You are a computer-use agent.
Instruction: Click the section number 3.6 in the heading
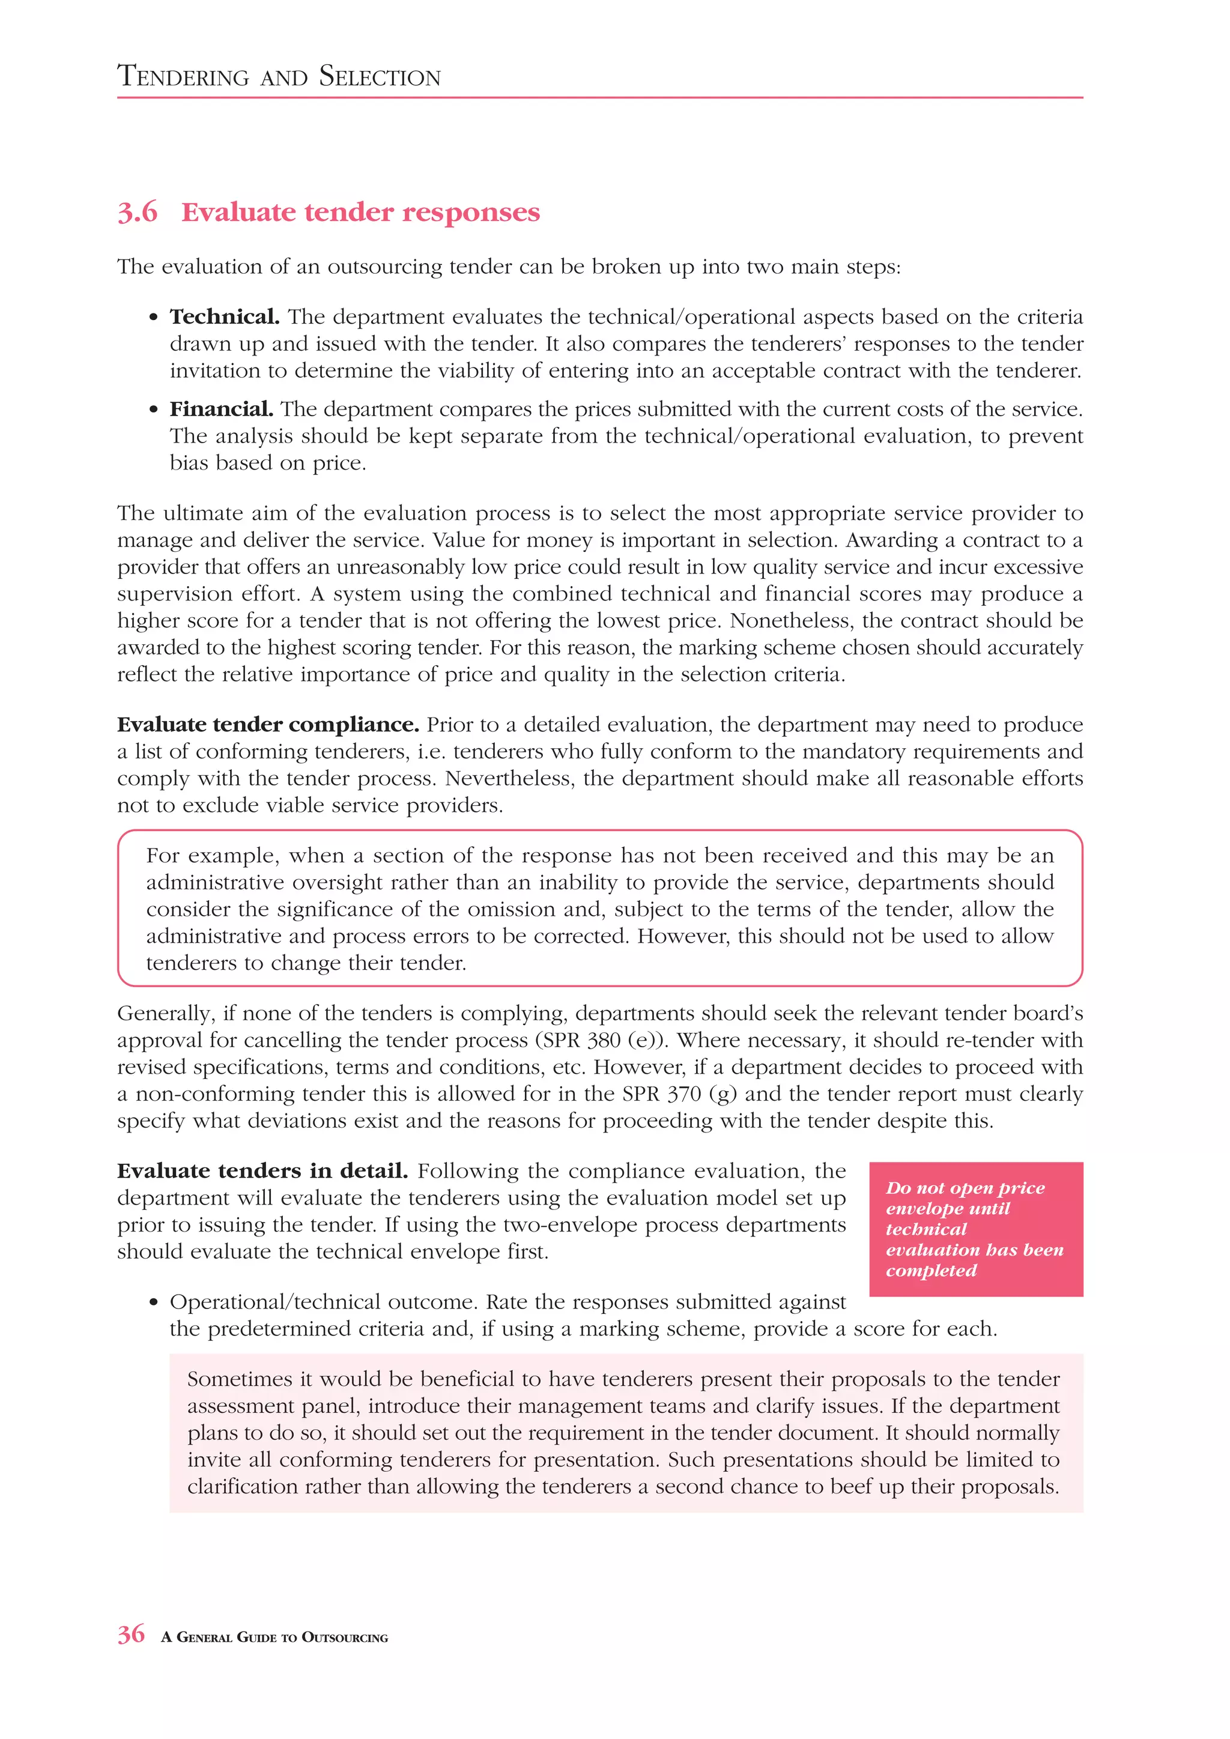click(x=137, y=212)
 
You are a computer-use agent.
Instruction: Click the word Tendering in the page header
click(x=183, y=76)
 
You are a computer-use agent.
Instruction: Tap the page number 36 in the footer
click(x=130, y=1634)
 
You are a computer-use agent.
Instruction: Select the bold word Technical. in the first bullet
click(x=224, y=316)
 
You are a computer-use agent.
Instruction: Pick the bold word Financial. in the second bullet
click(x=221, y=409)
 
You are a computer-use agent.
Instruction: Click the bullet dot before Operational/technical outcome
click(x=154, y=1302)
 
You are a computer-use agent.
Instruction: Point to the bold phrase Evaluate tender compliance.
click(x=267, y=725)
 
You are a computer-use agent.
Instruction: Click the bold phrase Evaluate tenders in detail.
click(x=262, y=1171)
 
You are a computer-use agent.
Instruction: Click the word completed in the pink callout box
click(x=931, y=1270)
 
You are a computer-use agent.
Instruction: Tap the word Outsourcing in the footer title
click(x=345, y=1638)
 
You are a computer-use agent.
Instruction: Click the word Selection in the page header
click(x=380, y=76)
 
